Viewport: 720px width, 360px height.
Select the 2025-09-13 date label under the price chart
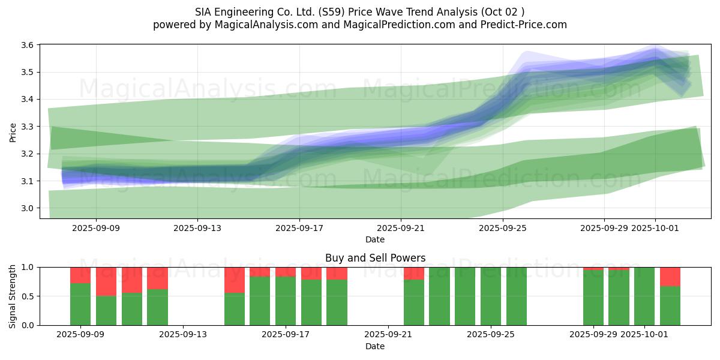(x=198, y=228)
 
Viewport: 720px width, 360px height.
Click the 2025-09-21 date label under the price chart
(x=401, y=228)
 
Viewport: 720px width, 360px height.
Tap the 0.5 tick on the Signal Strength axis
(x=29, y=296)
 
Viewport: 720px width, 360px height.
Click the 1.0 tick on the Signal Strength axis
(x=29, y=267)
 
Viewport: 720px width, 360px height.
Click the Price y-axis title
(x=13, y=132)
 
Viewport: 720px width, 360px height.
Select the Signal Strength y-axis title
(x=13, y=296)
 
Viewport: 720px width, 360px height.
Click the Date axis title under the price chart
(x=375, y=239)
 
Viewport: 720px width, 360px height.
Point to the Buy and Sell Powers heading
(x=375, y=258)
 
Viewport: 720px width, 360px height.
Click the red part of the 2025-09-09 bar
(x=80, y=275)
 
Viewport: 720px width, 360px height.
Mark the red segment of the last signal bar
(x=670, y=277)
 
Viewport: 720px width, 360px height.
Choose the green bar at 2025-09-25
(x=491, y=296)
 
